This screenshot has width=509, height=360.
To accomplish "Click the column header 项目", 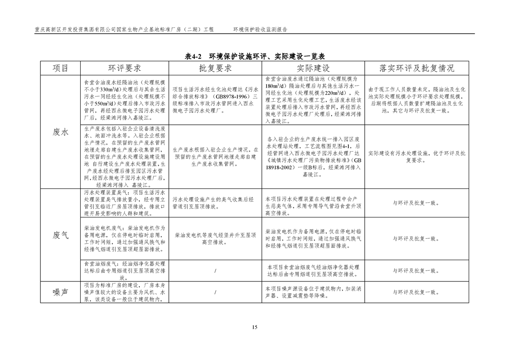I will tap(60, 69).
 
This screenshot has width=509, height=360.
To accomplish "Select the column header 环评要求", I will tap(124, 69).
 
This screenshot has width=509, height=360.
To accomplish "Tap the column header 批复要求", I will tap(215, 69).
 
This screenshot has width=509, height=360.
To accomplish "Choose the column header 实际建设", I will tap(313, 69).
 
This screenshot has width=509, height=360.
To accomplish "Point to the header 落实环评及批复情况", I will tap(416, 69).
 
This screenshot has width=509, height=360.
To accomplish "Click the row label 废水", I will tap(60, 132).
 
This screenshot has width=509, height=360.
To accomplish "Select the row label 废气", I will tap(60, 235).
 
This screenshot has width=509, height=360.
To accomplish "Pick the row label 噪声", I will tap(60, 292).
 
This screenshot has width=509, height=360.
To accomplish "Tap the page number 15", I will tap(254, 327).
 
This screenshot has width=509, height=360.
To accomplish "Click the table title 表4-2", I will tap(195, 57).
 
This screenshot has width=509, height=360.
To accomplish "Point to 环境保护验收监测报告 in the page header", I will tap(260, 29).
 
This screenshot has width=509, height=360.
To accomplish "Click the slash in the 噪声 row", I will tap(215, 292).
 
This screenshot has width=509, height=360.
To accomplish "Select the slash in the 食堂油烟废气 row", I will tap(215, 271).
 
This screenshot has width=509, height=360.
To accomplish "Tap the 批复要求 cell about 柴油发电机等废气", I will tap(215, 239).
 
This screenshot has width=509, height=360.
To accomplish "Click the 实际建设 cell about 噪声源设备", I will tap(313, 292).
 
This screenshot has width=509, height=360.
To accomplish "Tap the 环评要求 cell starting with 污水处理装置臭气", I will tap(124, 203).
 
